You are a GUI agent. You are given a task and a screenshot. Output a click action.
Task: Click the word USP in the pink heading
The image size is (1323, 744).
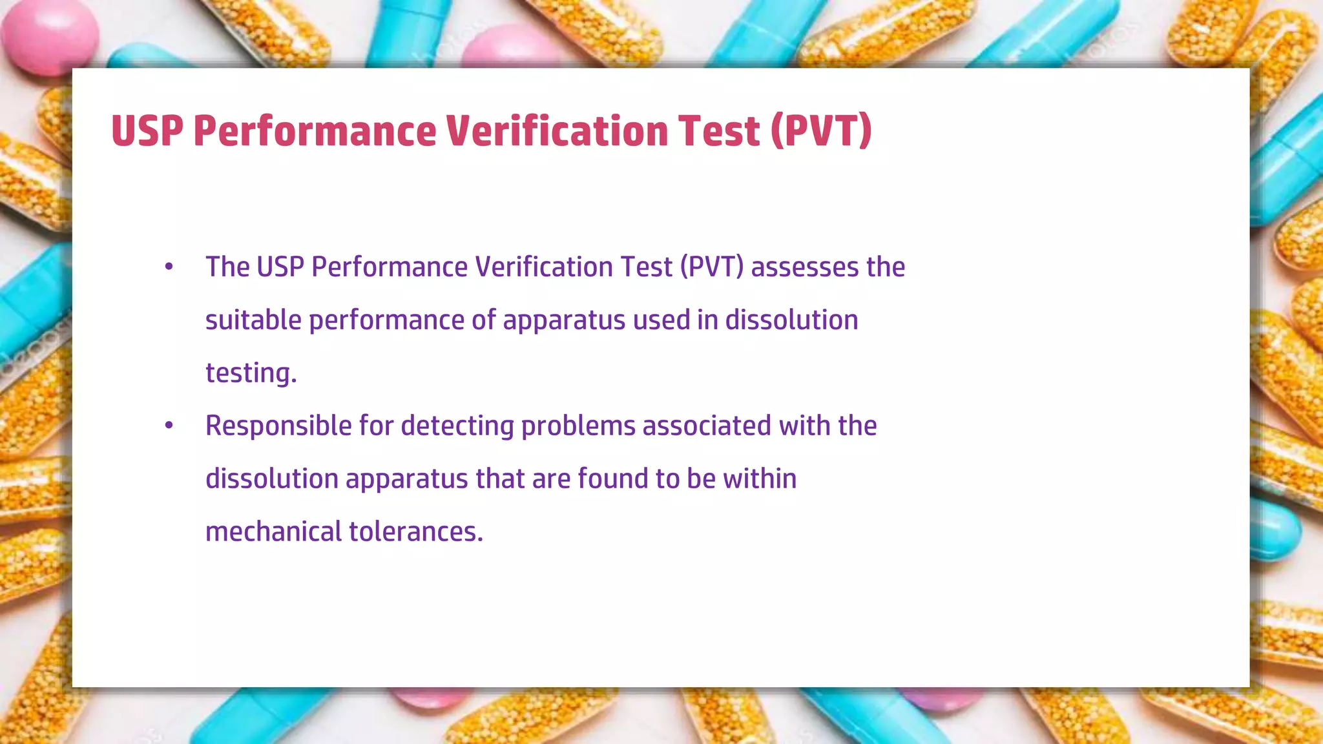(147, 131)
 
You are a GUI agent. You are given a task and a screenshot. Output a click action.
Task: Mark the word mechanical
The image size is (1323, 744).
(273, 532)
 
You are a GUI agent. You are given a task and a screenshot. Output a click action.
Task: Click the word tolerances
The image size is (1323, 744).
(416, 532)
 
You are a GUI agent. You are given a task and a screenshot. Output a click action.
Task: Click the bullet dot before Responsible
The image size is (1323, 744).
(169, 426)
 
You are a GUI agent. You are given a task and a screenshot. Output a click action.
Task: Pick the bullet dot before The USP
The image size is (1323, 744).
(169, 267)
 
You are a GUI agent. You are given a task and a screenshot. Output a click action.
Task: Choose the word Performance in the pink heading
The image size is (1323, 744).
(315, 131)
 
